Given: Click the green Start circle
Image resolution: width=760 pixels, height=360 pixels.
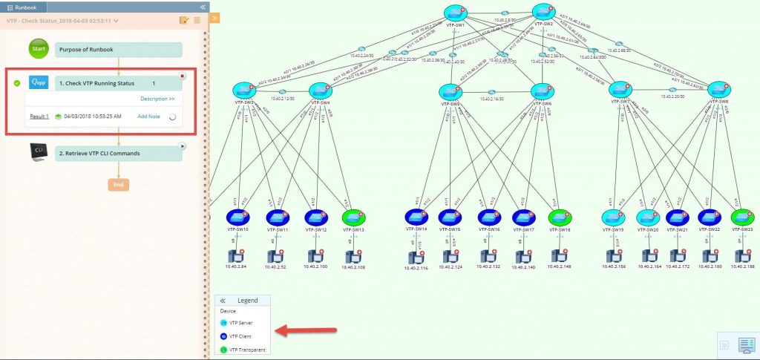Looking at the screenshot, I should pos(39,50).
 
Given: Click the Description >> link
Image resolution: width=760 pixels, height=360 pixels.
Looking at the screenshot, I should pos(157,98).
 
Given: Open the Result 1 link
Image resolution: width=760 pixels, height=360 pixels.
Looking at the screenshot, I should pos(39,117).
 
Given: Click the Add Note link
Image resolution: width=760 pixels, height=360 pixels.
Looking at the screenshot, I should pos(148,117).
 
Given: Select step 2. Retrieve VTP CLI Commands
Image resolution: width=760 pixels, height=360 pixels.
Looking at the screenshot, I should pos(119,153).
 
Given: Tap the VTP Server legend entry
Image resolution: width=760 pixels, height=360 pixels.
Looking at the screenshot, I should pos(240,323).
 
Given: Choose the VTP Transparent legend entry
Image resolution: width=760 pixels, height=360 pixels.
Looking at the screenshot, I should pos(246,350).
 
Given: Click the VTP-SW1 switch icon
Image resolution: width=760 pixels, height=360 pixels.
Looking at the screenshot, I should pos(455,13).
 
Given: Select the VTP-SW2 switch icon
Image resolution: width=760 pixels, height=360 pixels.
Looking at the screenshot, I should pos(543,13).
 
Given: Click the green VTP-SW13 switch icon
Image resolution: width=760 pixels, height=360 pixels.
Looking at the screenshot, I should pos(353,217).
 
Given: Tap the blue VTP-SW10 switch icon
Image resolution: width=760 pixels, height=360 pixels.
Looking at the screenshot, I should pos(237,217).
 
